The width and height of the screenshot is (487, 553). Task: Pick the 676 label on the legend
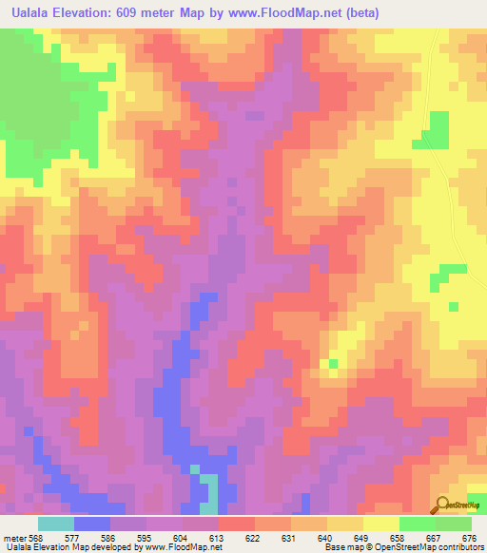coord(470,539)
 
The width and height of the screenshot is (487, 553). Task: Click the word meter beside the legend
coord(14,539)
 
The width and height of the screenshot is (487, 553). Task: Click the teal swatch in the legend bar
coord(55,524)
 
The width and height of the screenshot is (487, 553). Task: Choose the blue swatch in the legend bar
coord(91,524)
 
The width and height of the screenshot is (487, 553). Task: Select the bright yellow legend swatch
coord(380,524)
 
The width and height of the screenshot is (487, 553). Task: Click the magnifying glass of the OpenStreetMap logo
coord(442,505)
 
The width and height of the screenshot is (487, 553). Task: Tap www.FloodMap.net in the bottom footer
coord(183,548)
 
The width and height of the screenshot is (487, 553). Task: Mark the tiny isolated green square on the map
coord(333,363)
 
